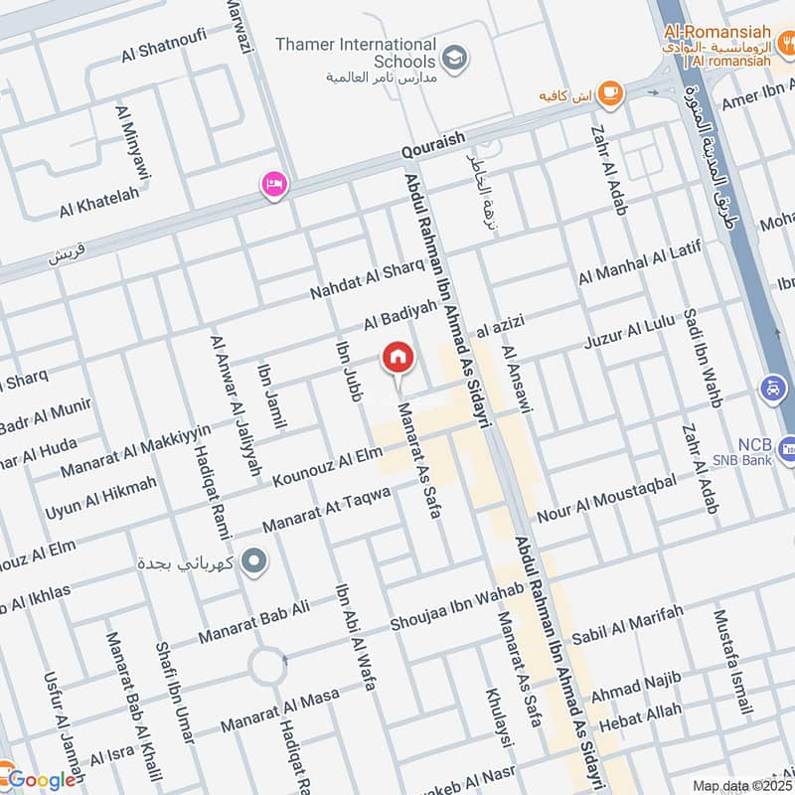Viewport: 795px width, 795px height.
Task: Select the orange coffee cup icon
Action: [x=609, y=92]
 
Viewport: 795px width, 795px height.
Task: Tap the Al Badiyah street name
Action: [x=399, y=317]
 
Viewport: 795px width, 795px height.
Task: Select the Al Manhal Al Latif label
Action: [x=639, y=262]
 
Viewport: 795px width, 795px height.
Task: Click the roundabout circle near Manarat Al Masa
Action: [x=266, y=667]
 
